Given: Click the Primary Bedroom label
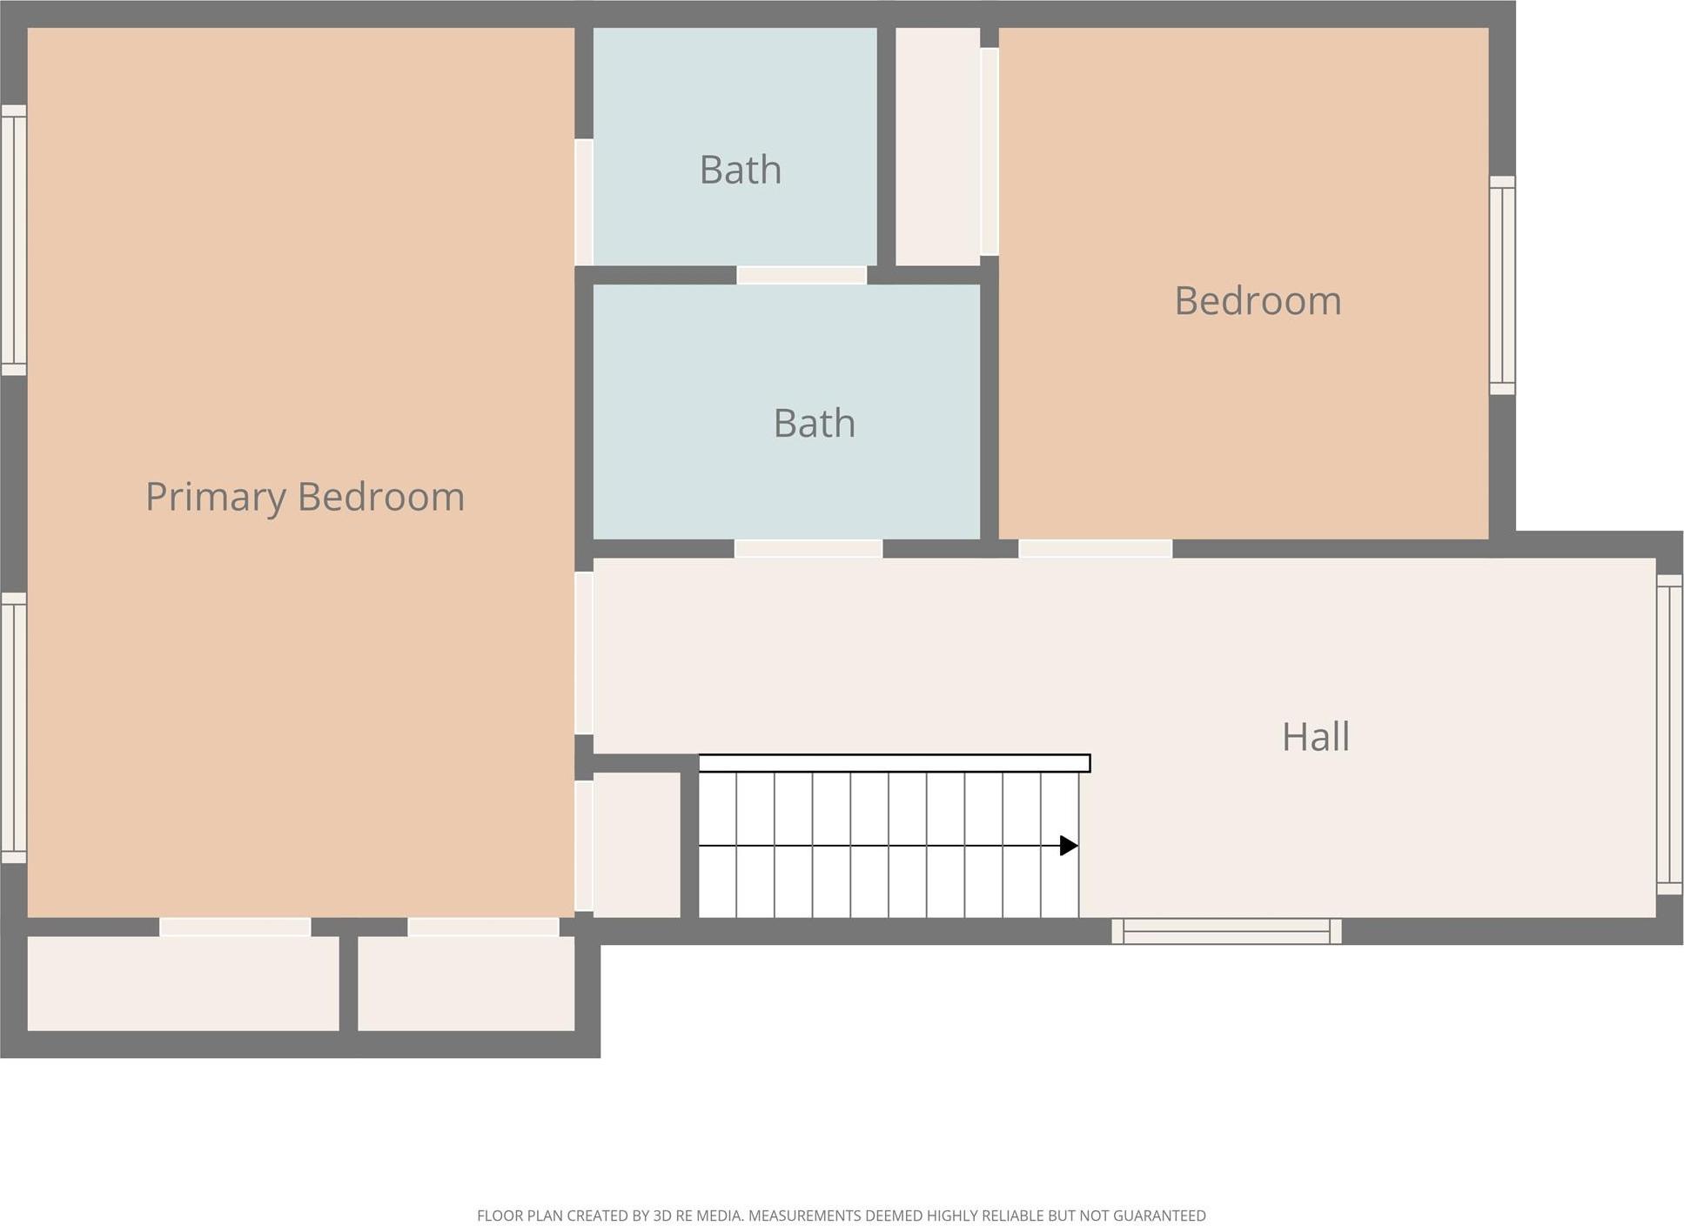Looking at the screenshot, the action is [x=305, y=497].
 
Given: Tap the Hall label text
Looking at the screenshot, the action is [x=1315, y=737].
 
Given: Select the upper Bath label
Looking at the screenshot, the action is [x=740, y=170].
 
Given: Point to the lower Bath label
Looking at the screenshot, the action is [x=814, y=423].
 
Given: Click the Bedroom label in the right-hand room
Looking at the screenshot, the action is [x=1258, y=301].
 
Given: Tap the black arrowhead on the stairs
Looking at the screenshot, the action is [x=1069, y=846].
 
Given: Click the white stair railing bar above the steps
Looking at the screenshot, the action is [x=895, y=763].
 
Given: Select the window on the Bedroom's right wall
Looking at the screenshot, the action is [x=1502, y=285].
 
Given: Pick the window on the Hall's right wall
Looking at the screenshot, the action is [x=1669, y=734].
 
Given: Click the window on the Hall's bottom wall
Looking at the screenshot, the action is [x=1226, y=931].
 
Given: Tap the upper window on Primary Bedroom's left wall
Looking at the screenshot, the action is [x=14, y=240].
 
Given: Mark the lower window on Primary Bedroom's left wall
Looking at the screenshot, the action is [x=14, y=728].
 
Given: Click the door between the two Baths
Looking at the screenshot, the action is [x=802, y=275].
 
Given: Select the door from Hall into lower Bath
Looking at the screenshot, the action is [x=808, y=548].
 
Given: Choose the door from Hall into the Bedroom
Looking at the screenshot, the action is [x=1096, y=548].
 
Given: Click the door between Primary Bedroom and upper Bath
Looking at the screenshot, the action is [x=584, y=202].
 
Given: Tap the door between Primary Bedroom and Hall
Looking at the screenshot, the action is [x=584, y=653].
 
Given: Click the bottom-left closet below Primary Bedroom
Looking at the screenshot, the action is [x=184, y=983].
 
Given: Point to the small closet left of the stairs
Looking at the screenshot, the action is [x=637, y=845].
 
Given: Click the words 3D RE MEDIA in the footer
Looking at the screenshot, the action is [x=697, y=1216].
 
